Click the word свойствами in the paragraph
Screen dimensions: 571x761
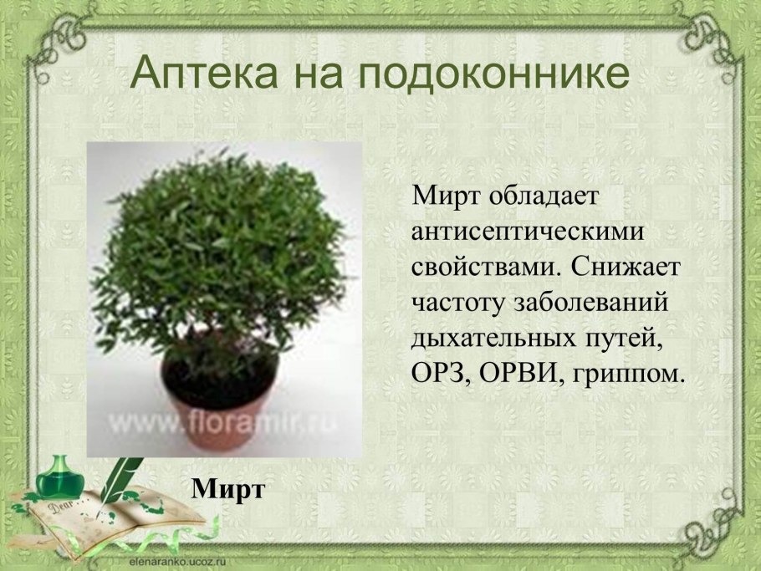(x=484, y=267)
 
